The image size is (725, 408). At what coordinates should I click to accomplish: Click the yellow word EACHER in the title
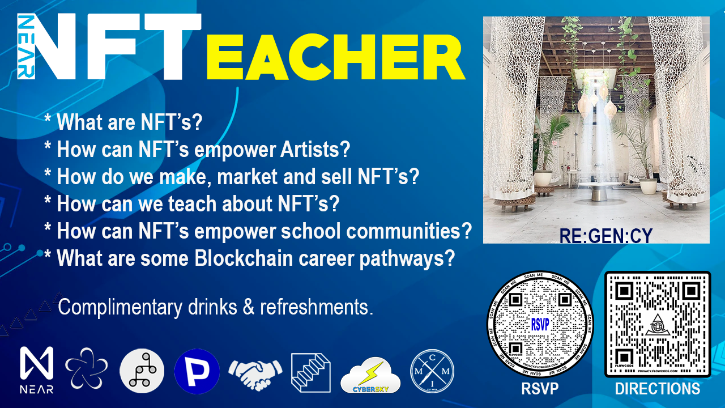[x=335, y=56]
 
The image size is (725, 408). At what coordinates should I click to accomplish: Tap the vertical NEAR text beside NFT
[x=26, y=46]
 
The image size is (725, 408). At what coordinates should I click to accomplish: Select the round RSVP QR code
[x=540, y=324]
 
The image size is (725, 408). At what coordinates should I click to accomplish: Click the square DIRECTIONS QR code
[x=657, y=324]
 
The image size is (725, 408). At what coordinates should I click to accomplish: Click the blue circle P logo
[x=197, y=371]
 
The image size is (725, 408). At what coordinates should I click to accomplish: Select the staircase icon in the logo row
[x=310, y=372]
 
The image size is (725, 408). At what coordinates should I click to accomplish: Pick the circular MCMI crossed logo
[x=432, y=371]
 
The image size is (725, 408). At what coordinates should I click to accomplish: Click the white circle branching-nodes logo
[x=142, y=371]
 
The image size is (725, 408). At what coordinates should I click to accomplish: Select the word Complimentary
[x=120, y=307]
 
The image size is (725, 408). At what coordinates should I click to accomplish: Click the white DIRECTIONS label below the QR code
[x=657, y=389]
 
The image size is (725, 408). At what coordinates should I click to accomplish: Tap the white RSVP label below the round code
[x=539, y=389]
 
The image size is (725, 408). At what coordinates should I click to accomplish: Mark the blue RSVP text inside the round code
[x=540, y=323]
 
